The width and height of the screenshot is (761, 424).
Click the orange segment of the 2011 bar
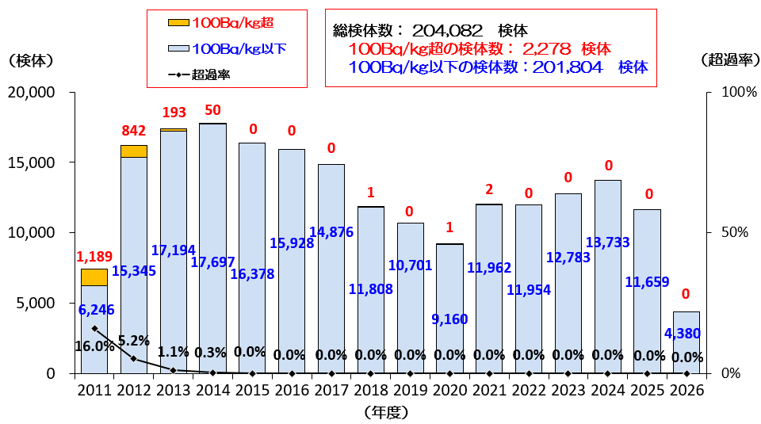pos(94,277)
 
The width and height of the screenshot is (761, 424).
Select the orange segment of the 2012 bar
pos(134,151)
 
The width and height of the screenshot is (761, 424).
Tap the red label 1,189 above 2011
pos(94,256)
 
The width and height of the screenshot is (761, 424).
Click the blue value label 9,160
pos(450,319)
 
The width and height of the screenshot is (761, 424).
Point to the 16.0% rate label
pos(94,346)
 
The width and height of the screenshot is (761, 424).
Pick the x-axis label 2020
pos(450,390)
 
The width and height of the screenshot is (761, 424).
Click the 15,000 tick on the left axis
pos(31,162)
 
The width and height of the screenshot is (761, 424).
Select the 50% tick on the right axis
pos(734,232)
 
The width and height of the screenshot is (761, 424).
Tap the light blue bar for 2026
pos(686,342)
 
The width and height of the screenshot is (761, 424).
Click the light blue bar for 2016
pos(292,262)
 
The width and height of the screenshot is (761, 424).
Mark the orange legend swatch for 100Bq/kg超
pos(178,23)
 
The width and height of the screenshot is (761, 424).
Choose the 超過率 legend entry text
pos(211,74)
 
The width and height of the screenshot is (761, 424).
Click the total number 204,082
pos(447,31)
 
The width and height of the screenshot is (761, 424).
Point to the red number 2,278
pos(547,48)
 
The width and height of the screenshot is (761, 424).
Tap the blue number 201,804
pos(568,67)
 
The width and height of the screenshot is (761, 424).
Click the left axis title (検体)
pos(31,61)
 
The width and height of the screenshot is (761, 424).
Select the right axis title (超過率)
pos(730,59)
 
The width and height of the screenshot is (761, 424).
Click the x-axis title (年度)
pos(386,412)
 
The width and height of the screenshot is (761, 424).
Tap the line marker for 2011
pos(94,328)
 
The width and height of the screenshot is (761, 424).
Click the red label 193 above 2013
pos(174,112)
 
